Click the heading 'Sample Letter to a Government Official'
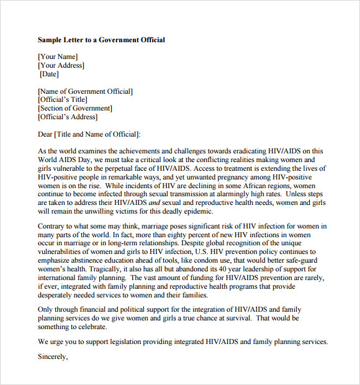[x=101, y=40]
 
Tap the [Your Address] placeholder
[x=61, y=66]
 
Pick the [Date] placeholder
[x=49, y=75]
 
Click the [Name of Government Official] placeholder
[x=85, y=91]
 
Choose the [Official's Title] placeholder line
[x=63, y=100]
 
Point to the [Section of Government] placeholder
[x=75, y=109]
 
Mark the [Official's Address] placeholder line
[x=68, y=117]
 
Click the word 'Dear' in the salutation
[x=45, y=134]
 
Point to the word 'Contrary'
[x=52, y=227]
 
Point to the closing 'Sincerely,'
[x=53, y=357]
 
